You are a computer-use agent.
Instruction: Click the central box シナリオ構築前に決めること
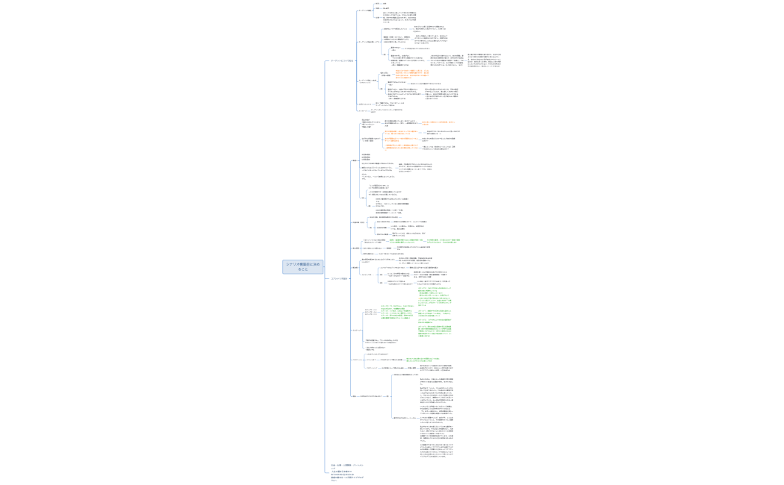coord(303,266)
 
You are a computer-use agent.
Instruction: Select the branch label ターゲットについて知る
coord(342,60)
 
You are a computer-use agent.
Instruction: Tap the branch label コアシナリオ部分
coord(340,278)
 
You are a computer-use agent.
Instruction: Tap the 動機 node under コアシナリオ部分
coord(355,160)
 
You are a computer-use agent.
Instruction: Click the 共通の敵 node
coord(358,222)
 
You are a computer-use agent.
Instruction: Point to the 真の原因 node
coord(356,248)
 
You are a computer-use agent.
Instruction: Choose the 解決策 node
coord(356,267)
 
